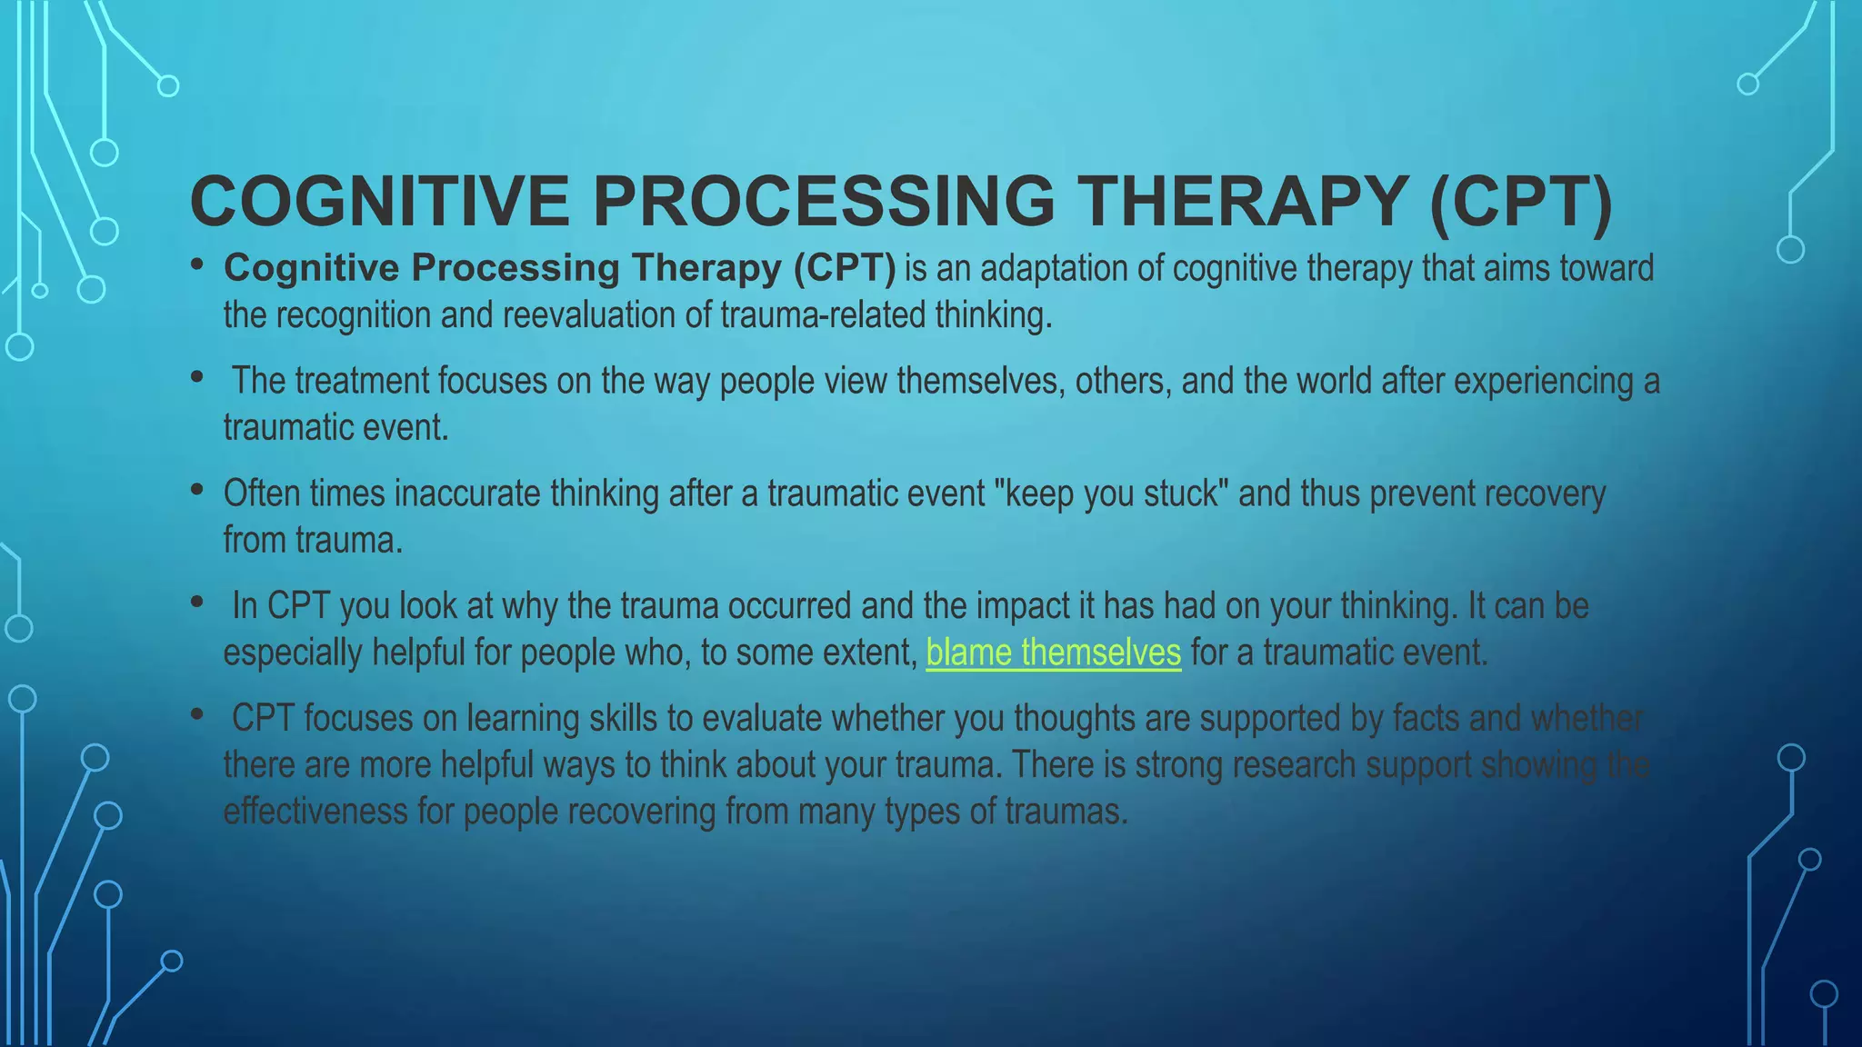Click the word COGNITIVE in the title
click(379, 201)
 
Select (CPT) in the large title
click(1521, 201)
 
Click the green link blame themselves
click(1053, 653)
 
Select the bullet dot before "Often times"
click(197, 490)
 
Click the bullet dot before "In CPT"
click(197, 602)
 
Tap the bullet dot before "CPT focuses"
click(197, 714)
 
